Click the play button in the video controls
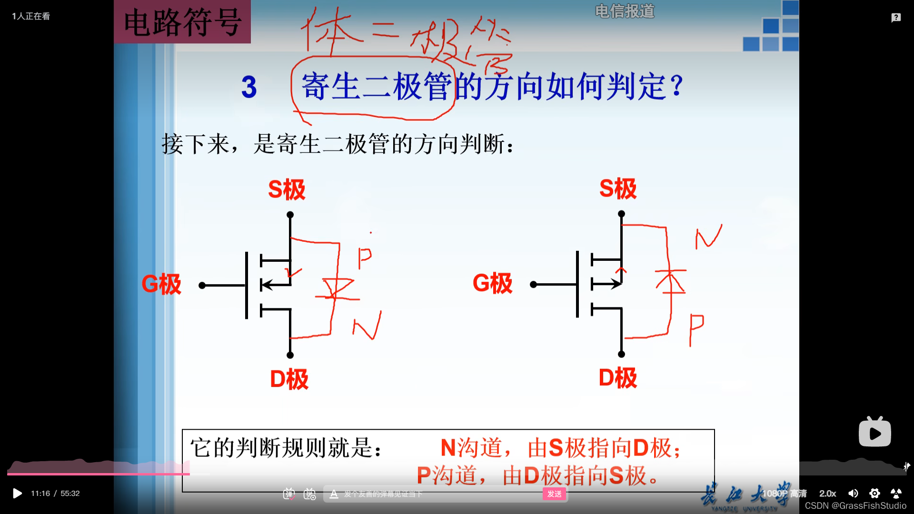coord(17,494)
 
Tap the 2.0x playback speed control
coord(827,494)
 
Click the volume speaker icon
coord(853,494)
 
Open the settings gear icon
coord(874,494)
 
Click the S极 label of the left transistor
coord(287,189)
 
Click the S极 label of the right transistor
coord(617,188)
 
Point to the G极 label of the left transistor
coord(161,285)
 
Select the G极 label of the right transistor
coord(492,284)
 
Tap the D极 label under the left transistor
coord(289,380)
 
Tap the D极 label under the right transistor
coord(617,378)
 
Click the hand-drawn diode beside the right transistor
coord(670,281)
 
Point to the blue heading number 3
coord(249,88)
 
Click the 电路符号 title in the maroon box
coord(182,22)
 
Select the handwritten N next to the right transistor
coord(708,236)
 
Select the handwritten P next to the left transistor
coord(365,258)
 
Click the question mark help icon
coord(896,18)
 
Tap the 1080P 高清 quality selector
coord(784,494)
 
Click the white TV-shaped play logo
coord(874,432)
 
